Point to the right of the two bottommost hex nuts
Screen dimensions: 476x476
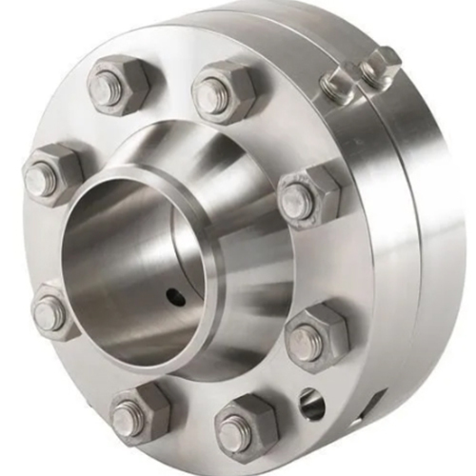pos(242,426)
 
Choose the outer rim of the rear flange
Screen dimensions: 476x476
pos(443,238)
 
